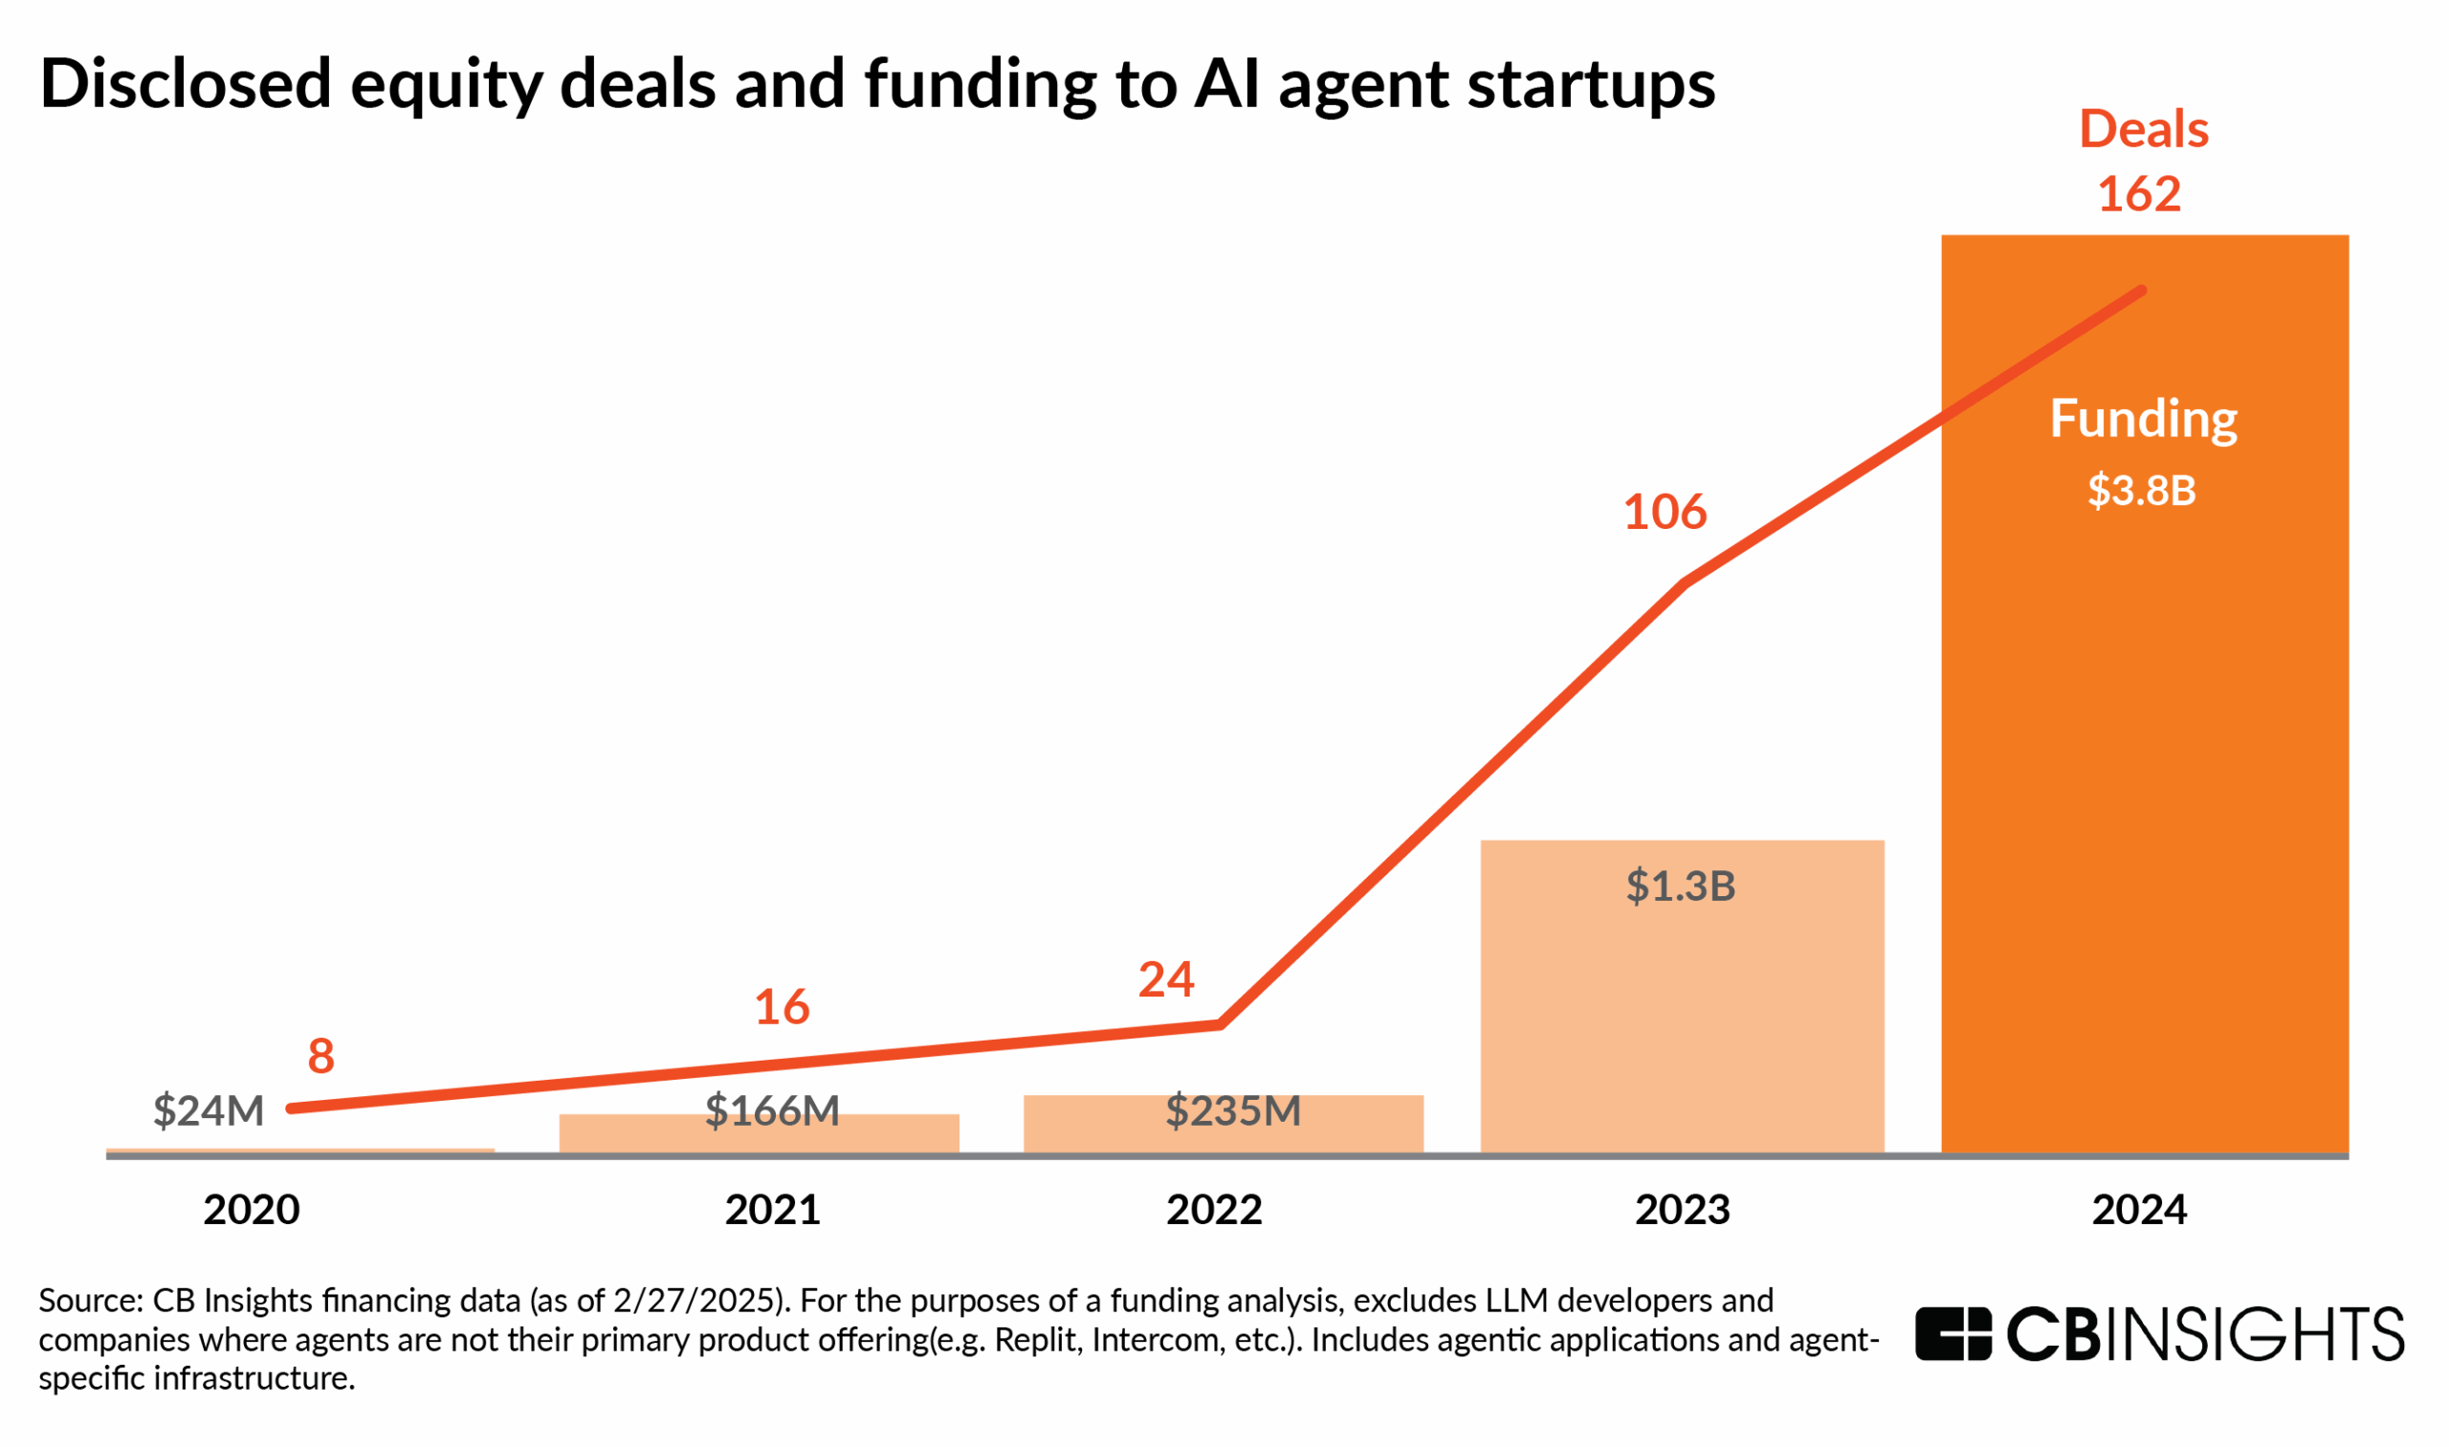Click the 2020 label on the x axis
coord(252,1210)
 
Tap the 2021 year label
coord(772,1210)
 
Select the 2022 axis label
coord(1214,1210)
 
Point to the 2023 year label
coord(1683,1210)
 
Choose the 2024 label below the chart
coord(2139,1210)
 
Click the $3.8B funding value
coord(2141,491)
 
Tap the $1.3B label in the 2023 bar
coord(1681,887)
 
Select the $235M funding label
coord(1233,1111)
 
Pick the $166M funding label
coord(771,1111)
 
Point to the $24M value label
coord(209,1111)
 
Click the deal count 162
coord(2139,194)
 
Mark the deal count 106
coord(1665,513)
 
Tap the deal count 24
coord(1165,980)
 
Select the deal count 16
coord(782,1007)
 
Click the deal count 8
coord(320,1056)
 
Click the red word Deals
coord(2143,130)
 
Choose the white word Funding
coord(2143,419)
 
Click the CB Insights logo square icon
coord(1953,1333)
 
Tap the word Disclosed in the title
coord(186,84)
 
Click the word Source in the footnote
coord(91,1301)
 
